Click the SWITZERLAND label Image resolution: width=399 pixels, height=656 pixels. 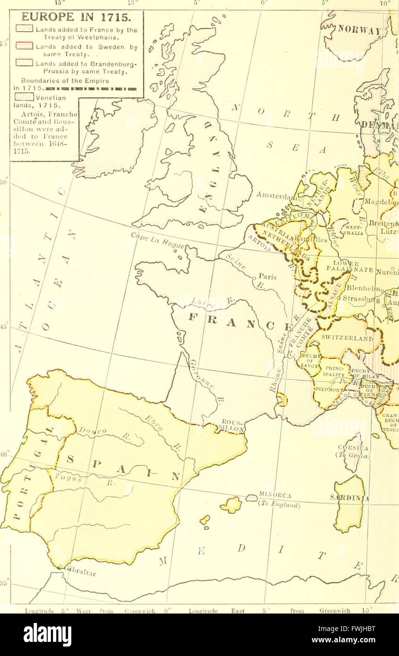[347, 338]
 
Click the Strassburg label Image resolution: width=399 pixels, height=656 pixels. [361, 299]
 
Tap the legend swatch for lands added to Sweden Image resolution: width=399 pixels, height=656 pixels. [24, 46]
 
